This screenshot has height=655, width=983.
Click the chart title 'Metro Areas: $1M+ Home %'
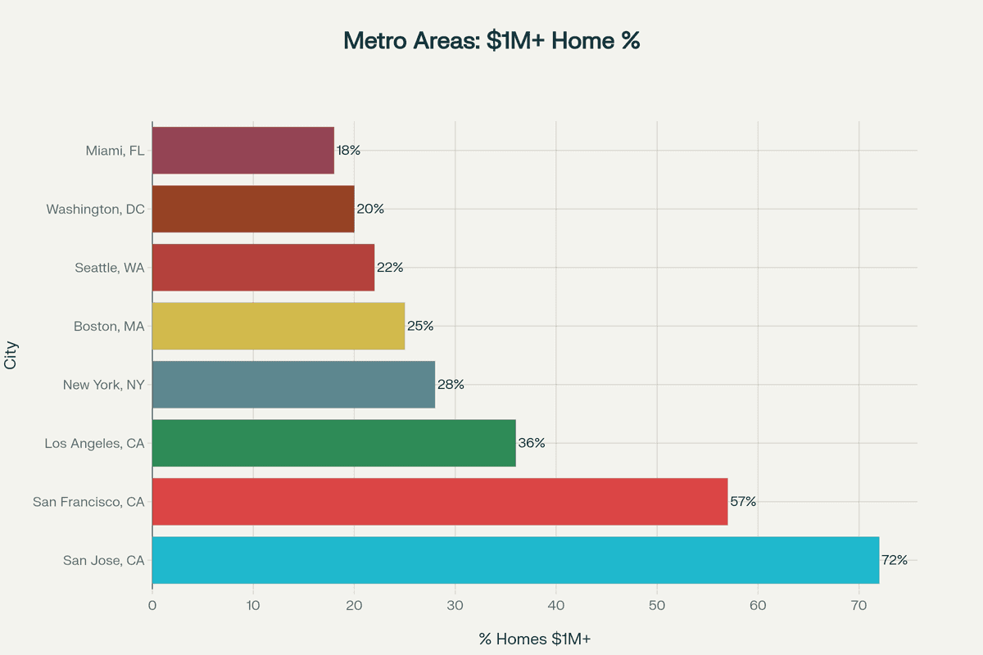click(x=491, y=41)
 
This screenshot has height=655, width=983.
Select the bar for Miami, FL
click(x=243, y=151)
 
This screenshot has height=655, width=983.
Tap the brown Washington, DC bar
click(x=253, y=209)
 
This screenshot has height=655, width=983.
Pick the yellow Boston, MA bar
click(x=279, y=326)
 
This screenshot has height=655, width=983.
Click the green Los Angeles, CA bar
click(x=334, y=443)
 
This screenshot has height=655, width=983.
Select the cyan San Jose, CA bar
click(x=515, y=560)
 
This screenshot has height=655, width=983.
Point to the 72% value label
click(x=895, y=560)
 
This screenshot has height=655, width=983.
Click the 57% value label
click(x=743, y=501)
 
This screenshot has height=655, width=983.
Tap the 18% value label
click(x=348, y=151)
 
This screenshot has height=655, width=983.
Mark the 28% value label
click(x=451, y=384)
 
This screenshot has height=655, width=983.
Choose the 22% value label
click(x=390, y=268)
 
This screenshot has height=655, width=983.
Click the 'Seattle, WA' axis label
click(x=109, y=268)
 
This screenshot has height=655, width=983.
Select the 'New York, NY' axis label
click(x=103, y=384)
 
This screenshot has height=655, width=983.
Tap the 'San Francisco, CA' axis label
click(x=88, y=501)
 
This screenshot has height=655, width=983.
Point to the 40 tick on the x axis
click(x=556, y=606)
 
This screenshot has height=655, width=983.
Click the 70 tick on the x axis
click(x=859, y=606)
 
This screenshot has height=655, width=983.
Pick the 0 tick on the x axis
click(x=152, y=606)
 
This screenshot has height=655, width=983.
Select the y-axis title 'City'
click(x=11, y=355)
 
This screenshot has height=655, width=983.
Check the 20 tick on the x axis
click(x=354, y=606)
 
